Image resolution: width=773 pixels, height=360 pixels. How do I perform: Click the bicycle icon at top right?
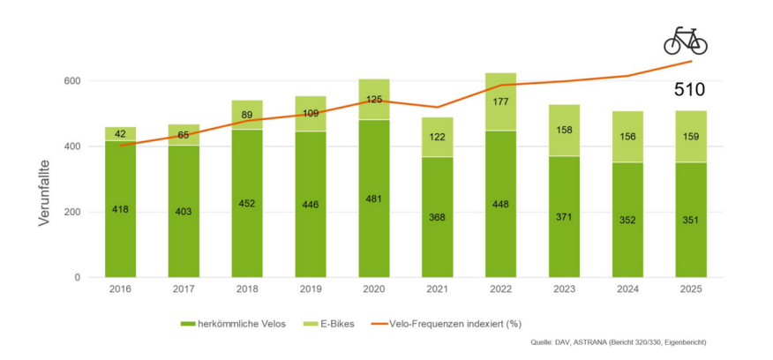click(x=686, y=40)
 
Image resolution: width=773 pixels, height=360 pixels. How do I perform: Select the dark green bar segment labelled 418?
click(x=120, y=209)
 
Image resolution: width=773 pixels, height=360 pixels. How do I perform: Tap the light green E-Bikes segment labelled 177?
click(x=500, y=101)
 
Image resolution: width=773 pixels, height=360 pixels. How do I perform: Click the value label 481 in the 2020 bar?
click(x=373, y=199)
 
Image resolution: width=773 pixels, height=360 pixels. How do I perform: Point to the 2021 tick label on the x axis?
click(x=437, y=288)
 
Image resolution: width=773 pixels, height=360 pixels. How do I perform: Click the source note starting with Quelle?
click(x=618, y=342)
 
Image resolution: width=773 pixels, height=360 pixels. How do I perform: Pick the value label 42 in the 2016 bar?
click(x=120, y=133)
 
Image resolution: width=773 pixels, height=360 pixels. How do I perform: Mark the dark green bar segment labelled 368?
click(x=437, y=217)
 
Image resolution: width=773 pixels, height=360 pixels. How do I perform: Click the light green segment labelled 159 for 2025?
click(x=691, y=137)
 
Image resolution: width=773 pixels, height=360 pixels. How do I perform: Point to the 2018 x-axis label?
click(x=246, y=288)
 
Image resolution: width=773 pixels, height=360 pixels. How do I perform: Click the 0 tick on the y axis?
click(x=78, y=278)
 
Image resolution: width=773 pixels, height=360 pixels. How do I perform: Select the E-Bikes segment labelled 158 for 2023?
click(x=564, y=130)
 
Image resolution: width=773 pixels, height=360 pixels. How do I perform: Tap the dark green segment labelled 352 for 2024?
click(x=627, y=220)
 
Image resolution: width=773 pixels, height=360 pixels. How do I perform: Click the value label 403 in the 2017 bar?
click(x=184, y=212)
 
